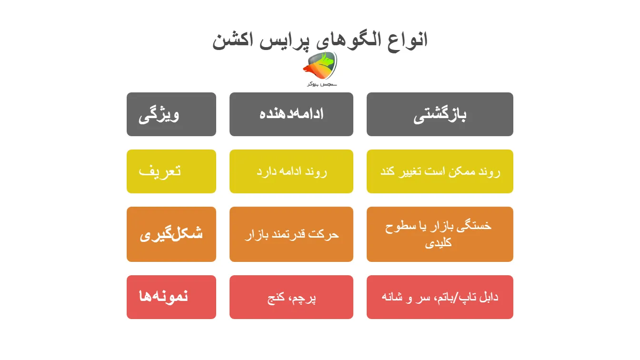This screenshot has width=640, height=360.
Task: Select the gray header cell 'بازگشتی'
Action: pyautogui.click(x=440, y=114)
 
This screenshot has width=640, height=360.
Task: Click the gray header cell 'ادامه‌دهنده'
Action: pyautogui.click(x=291, y=114)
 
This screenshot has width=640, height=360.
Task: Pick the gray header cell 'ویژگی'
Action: pyautogui.click(x=171, y=114)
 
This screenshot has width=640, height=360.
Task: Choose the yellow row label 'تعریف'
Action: pyautogui.click(x=160, y=171)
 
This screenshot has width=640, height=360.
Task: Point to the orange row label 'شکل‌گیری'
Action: pyautogui.click(x=171, y=234)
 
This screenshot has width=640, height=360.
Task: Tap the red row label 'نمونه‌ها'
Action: pyautogui.click(x=164, y=297)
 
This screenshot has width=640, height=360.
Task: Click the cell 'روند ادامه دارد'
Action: pyautogui.click(x=291, y=171)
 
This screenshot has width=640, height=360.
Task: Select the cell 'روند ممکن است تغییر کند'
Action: pyautogui.click(x=440, y=171)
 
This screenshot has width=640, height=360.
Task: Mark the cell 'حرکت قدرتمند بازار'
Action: pyautogui.click(x=291, y=234)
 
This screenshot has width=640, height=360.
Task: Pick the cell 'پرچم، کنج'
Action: pyautogui.click(x=291, y=298)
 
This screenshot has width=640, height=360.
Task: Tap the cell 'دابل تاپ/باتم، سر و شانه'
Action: pyautogui.click(x=440, y=297)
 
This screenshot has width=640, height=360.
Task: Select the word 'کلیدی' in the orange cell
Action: pyautogui.click(x=438, y=242)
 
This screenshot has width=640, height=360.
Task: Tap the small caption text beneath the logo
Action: pyautogui.click(x=321, y=84)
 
